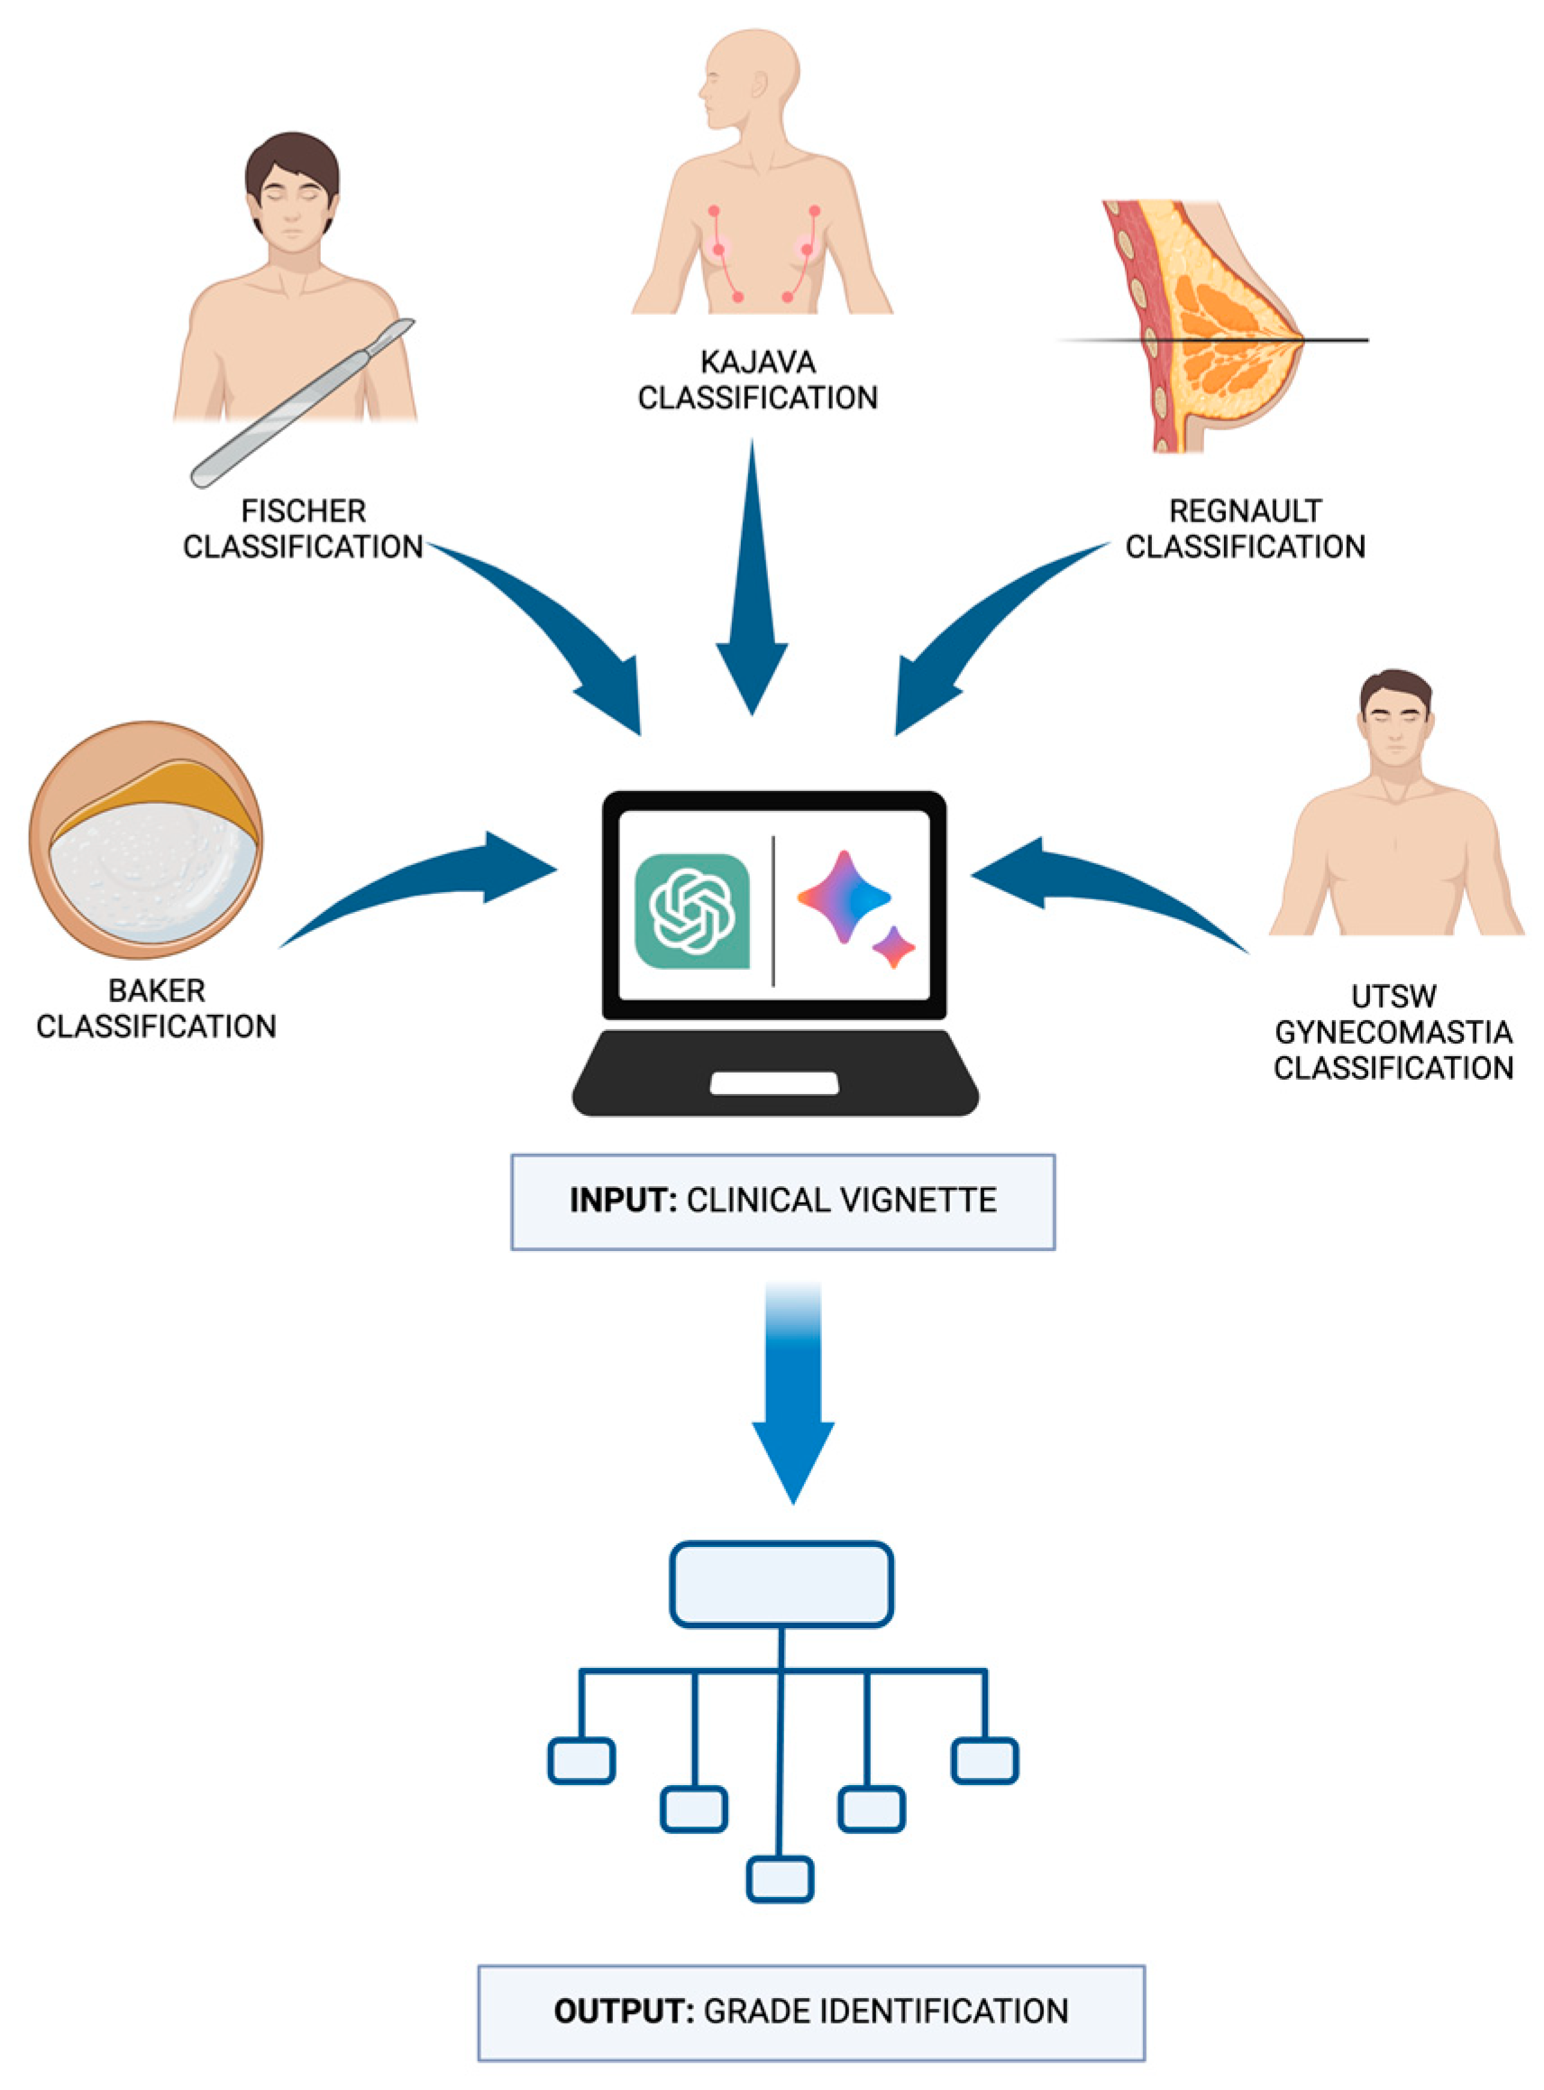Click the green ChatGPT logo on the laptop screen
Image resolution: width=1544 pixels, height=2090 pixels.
[x=691, y=911]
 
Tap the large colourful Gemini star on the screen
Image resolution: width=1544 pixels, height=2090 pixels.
[x=843, y=896]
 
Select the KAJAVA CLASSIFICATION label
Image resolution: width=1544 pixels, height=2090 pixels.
[x=757, y=380]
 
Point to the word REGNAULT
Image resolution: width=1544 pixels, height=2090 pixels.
[x=1245, y=511]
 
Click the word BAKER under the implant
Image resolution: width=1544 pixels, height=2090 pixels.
[x=156, y=990]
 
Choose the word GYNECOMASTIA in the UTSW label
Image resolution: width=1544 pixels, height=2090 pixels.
[x=1393, y=1033]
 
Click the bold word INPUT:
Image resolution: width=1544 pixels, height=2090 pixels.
[x=623, y=1201]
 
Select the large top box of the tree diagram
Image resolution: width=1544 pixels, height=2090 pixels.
[x=781, y=1584]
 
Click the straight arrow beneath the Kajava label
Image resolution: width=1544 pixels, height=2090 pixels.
[x=753, y=580]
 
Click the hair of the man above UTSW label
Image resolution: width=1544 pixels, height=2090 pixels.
[x=1395, y=688]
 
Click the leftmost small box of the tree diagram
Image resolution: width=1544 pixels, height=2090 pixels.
[x=581, y=1761]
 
